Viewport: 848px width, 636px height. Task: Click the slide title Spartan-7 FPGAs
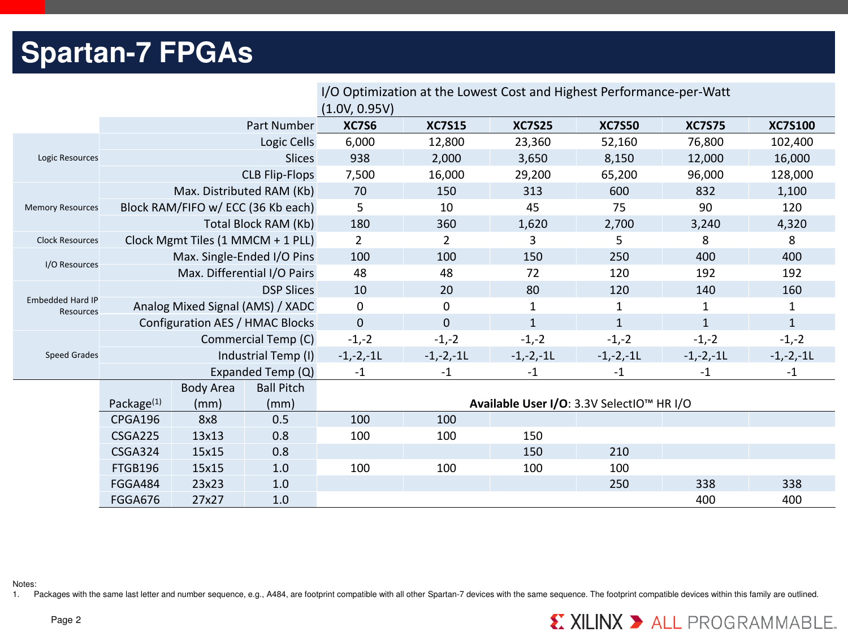(137, 53)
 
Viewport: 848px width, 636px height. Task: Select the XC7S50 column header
(619, 126)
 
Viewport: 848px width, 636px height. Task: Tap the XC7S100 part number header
(791, 126)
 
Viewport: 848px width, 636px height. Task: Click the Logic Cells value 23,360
(533, 142)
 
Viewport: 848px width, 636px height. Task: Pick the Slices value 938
(360, 158)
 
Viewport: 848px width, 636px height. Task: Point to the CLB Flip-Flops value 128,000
(791, 175)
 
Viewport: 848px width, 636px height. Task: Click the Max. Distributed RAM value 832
(705, 191)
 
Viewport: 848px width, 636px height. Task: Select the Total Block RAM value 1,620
(533, 224)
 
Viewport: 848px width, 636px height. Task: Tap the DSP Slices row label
(288, 290)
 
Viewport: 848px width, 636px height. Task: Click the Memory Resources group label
(62, 207)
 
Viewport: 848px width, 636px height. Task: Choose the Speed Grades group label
(72, 355)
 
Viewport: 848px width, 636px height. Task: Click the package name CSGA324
(135, 452)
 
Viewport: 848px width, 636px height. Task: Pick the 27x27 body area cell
(207, 500)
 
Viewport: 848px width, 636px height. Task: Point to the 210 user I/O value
(619, 452)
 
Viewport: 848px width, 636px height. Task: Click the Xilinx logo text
(596, 622)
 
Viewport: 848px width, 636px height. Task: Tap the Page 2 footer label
(66, 620)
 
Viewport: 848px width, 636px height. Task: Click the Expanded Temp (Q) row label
(262, 372)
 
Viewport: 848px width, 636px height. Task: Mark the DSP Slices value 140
(705, 290)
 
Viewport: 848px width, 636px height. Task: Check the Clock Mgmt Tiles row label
(219, 240)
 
